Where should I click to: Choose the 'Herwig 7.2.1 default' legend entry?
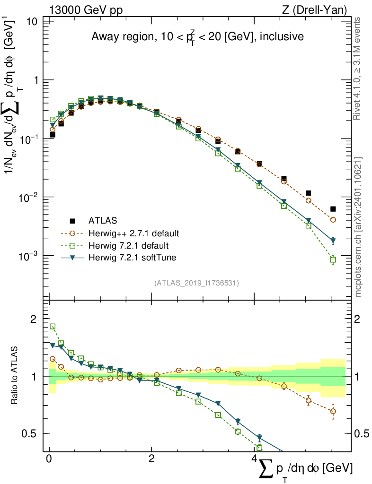128,245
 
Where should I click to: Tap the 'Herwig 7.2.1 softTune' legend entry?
131,258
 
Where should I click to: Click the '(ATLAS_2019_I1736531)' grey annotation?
196,283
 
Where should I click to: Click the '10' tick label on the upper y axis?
32,22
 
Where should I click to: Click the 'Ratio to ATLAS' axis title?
16,376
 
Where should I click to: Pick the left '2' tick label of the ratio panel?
34,319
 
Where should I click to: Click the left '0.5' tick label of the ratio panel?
29,433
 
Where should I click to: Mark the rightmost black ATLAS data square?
333,209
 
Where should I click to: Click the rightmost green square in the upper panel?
333,259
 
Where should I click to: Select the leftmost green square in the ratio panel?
53,327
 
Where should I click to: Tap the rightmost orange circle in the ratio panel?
333,411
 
